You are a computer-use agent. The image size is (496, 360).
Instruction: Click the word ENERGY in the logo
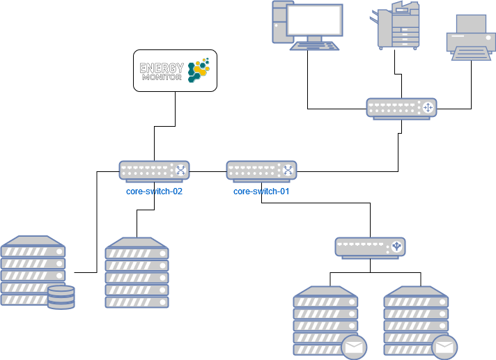pos(162,68)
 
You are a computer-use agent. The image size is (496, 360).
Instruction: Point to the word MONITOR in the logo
pos(162,77)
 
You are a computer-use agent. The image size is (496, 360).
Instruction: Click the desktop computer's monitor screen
pos(315,22)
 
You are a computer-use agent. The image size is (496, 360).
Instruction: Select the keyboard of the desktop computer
pos(315,45)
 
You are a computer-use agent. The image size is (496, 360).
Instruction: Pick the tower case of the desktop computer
pos(279,22)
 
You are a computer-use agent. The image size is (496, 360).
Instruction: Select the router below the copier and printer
pos(401,108)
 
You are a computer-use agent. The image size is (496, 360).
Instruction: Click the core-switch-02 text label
pos(154,191)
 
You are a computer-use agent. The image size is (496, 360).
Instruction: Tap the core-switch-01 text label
pos(261,191)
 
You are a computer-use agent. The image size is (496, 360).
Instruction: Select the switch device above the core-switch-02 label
pos(154,171)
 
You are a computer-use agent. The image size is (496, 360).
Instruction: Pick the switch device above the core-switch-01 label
pos(261,171)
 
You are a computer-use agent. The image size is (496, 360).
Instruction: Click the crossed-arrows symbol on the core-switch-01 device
pos(288,170)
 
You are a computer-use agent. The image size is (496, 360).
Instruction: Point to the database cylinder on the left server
pos(61,297)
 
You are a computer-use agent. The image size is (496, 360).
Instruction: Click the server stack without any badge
pos(137,273)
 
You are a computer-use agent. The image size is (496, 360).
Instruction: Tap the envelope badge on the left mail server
pos(353,346)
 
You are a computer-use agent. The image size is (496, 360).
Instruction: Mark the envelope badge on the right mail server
pos(444,346)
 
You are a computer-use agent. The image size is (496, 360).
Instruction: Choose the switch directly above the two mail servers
pos(370,247)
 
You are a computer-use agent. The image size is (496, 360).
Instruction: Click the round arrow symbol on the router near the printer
pos(428,107)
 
